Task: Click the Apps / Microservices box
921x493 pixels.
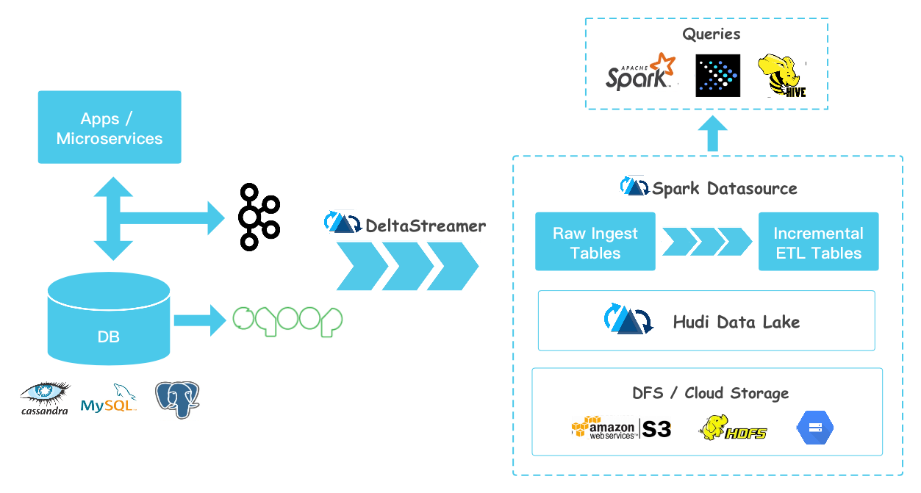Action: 110,127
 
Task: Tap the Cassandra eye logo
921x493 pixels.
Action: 46,397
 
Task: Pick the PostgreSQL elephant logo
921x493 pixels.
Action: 176,400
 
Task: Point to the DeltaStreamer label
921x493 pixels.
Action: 425,226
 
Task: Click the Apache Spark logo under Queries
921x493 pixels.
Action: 640,73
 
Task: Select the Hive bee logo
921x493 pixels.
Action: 784,76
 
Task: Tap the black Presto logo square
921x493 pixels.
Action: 717,76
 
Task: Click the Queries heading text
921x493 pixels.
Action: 711,34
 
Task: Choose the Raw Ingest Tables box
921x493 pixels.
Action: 595,242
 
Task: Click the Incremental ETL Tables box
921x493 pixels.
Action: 818,242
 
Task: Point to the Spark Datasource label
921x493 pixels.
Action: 724,188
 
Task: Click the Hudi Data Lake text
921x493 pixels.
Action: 736,321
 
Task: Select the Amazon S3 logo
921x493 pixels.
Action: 622,428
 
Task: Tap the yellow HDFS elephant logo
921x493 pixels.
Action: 733,428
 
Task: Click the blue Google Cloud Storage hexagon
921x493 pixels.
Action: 815,428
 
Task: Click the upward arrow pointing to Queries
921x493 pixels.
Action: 712,134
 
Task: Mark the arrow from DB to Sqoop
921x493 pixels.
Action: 200,320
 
